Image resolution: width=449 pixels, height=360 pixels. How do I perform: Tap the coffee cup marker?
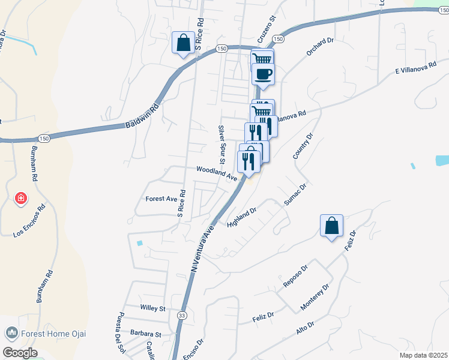(263, 74)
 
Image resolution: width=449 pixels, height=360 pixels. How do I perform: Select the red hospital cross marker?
(20, 198)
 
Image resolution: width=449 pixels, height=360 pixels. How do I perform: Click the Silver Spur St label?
(221, 145)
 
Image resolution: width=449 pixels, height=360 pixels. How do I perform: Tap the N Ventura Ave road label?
(202, 248)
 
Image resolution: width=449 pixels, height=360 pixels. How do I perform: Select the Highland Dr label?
(242, 217)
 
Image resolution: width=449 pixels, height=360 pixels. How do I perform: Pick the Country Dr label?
(303, 146)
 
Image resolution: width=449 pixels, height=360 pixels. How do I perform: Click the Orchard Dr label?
(319, 47)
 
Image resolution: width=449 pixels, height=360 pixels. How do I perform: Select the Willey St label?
(152, 308)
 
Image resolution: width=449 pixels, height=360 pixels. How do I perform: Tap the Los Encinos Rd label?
(29, 223)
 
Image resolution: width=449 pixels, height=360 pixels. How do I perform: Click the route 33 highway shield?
(182, 314)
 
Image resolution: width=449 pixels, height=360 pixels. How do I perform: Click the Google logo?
(20, 353)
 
